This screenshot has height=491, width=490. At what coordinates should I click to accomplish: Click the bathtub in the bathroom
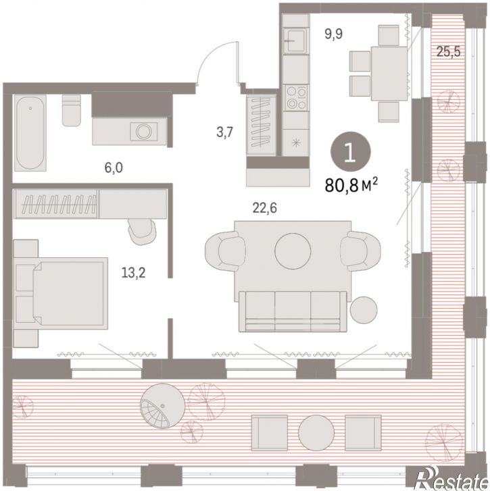pyautogui.click(x=30, y=133)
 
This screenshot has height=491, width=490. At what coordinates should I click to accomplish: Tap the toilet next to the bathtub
pyautogui.click(x=71, y=110)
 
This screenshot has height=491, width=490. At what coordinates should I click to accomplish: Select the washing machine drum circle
pyautogui.click(x=144, y=132)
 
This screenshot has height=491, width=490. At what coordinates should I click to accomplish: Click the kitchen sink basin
pyautogui.click(x=295, y=41)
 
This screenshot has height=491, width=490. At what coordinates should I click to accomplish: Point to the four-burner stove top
pyautogui.click(x=296, y=98)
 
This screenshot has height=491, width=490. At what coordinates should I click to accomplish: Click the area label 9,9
pyautogui.click(x=333, y=34)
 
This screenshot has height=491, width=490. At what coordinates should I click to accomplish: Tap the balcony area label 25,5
pyautogui.click(x=449, y=52)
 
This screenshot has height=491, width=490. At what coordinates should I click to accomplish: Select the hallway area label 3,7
pyautogui.click(x=224, y=132)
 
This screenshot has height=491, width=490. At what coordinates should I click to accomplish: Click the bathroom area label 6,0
pyautogui.click(x=114, y=168)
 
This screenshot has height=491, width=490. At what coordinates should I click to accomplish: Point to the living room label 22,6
pyautogui.click(x=265, y=208)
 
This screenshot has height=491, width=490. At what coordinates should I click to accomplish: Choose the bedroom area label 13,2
pyautogui.click(x=133, y=274)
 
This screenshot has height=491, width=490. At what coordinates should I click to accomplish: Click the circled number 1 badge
pyautogui.click(x=350, y=152)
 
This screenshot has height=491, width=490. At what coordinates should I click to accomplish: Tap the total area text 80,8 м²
pyautogui.click(x=351, y=185)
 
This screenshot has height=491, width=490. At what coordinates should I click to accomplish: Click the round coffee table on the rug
pyautogui.click(x=293, y=251)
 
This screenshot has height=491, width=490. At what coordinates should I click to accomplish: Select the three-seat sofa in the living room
pyautogui.click(x=293, y=311)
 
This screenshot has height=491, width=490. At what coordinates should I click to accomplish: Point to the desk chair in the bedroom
pyautogui.click(x=142, y=232)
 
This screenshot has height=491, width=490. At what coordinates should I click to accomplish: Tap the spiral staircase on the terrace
pyautogui.click(x=163, y=407)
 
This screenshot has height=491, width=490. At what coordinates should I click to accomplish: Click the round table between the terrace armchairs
pyautogui.click(x=316, y=433)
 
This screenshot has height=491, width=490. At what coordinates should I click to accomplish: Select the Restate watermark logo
pyautogui.click(x=451, y=478)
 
